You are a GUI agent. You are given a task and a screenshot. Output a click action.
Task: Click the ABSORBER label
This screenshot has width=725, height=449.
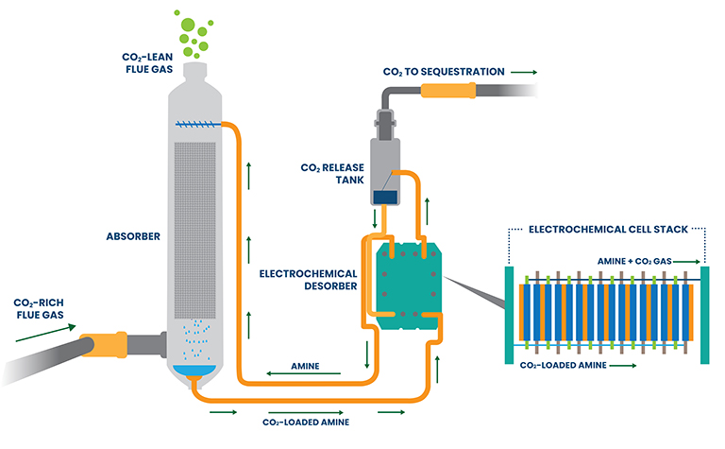133,236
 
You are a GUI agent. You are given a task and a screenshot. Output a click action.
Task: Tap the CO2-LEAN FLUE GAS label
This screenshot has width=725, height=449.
147,63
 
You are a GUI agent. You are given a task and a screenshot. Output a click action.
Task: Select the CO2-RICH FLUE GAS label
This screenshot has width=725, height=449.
39,309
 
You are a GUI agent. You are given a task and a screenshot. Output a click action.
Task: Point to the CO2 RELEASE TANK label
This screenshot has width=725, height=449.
332,174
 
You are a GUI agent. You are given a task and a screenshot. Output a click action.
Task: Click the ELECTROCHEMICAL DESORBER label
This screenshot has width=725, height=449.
308,280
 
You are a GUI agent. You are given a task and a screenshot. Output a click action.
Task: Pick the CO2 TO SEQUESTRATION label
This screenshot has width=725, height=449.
444,72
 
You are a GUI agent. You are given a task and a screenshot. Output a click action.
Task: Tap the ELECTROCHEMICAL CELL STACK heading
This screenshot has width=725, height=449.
609,230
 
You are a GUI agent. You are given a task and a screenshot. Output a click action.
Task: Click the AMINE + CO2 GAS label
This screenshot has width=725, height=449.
634,262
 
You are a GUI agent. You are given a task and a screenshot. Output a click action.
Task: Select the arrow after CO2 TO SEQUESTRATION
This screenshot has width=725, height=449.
524,72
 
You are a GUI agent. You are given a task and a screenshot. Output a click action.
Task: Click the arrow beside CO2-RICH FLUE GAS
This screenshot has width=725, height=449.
45,334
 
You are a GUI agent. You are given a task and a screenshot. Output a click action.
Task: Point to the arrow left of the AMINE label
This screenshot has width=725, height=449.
303,373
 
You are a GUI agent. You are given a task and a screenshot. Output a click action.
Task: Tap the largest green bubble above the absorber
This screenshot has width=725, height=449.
188,25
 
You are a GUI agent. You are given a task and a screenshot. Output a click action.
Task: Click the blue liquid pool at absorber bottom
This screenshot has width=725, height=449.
194,371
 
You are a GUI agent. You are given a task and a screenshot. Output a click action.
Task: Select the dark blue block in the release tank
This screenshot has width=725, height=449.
385,198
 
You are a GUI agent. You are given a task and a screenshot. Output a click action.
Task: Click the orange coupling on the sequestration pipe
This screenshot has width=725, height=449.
448,90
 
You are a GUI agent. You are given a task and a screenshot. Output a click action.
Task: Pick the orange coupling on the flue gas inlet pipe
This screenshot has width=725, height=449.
104,345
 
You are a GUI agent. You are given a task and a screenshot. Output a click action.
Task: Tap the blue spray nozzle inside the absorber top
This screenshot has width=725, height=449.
195,124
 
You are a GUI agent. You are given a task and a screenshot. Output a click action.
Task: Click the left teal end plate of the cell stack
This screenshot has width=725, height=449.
509,315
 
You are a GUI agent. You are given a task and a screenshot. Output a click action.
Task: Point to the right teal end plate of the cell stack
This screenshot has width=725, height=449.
704,315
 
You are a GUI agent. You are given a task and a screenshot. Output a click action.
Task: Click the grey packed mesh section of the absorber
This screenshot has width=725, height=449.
194,231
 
